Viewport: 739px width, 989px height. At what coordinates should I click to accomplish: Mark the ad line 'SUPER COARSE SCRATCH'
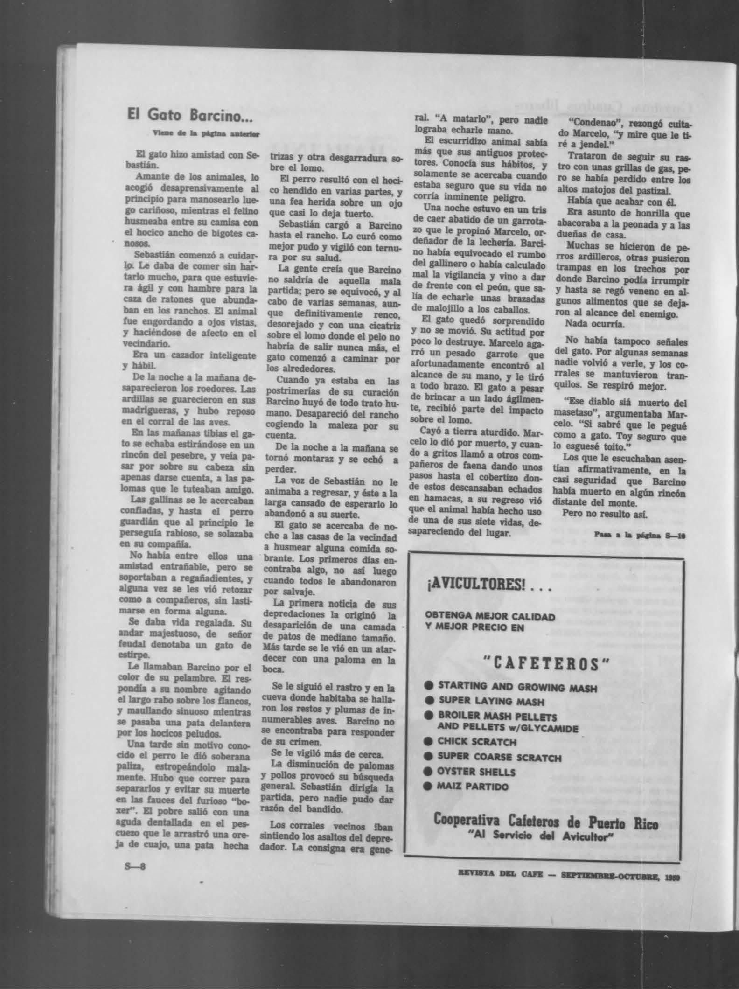499,758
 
